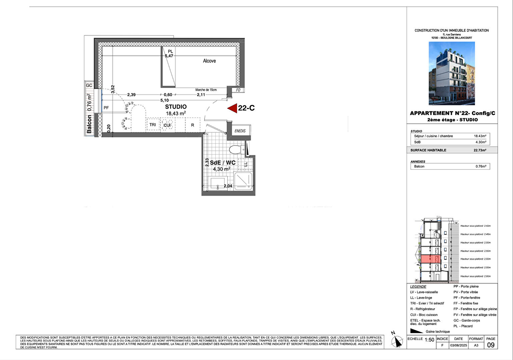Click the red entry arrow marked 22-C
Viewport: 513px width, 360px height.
click(x=232, y=108)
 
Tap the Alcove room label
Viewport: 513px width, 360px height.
click(x=209, y=61)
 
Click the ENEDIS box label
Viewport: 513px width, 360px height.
click(x=240, y=131)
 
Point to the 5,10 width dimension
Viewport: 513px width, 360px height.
click(x=164, y=100)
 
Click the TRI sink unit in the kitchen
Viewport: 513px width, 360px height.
click(x=153, y=125)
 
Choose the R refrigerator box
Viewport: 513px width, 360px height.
click(x=192, y=125)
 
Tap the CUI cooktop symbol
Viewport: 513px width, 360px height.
click(x=167, y=125)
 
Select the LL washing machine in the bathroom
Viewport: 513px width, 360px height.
click(x=246, y=164)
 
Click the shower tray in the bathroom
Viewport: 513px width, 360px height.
click(x=243, y=181)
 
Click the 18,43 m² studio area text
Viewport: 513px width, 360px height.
click(x=176, y=113)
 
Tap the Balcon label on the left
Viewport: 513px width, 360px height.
click(x=89, y=124)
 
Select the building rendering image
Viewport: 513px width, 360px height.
click(x=452, y=73)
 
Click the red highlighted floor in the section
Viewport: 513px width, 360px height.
click(x=431, y=259)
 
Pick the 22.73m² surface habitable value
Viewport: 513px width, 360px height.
click(x=480, y=150)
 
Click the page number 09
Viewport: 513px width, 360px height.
click(x=491, y=345)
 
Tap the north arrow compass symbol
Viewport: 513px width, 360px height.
click(x=397, y=341)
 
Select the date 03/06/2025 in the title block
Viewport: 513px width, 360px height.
click(x=459, y=345)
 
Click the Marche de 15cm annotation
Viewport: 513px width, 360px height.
click(x=206, y=90)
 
